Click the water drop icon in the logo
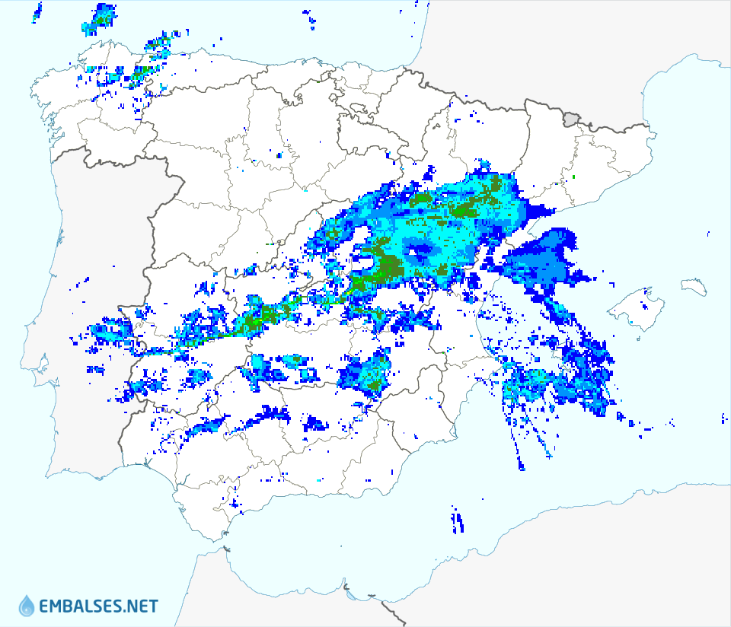pyautogui.click(x=27, y=605)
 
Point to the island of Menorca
pyautogui.click(x=694, y=286)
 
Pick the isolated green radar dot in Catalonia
pyautogui.click(x=573, y=177)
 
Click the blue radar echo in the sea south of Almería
pyautogui.click(x=458, y=520)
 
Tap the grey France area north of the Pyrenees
pyautogui.click(x=533, y=46)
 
